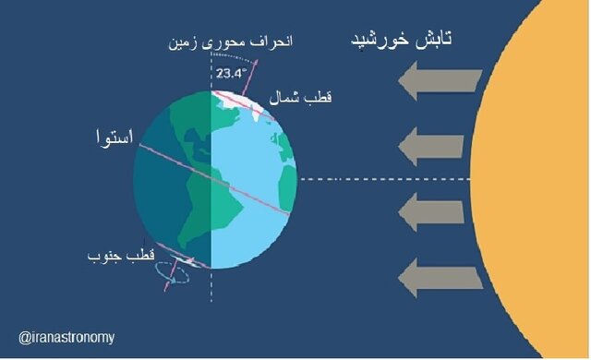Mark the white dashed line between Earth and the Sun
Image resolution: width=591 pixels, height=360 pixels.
(x=369, y=179)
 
